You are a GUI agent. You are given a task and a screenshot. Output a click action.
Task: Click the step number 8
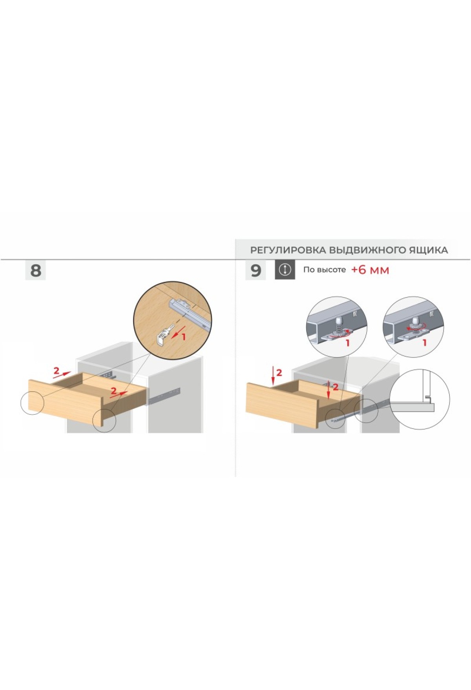[36, 271]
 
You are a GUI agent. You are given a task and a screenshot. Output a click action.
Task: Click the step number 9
[256, 271]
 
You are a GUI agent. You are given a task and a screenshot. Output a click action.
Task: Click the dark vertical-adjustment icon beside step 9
[285, 270]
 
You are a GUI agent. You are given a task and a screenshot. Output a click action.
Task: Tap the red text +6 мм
[370, 270]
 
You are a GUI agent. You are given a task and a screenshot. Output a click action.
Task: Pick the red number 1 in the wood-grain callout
[183, 336]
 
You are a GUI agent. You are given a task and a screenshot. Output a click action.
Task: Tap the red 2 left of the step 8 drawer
[56, 370]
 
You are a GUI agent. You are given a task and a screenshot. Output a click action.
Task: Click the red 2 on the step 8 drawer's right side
[113, 391]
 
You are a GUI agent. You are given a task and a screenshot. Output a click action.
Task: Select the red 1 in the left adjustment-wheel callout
[347, 343]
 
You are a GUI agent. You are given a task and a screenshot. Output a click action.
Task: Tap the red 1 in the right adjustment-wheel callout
[424, 343]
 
